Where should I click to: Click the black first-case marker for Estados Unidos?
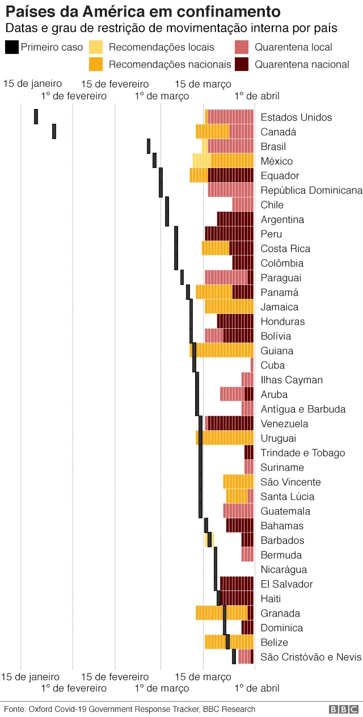point(36,116)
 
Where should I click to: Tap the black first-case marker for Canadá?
point(54,131)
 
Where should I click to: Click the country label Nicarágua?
point(284,569)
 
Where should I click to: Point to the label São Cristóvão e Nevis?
point(310,657)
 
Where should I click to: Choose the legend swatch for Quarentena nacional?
point(242,64)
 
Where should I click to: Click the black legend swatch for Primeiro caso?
point(11,47)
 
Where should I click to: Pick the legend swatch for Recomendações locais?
point(96,47)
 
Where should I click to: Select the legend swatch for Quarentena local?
point(242,47)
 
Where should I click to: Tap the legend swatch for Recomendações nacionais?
point(96,64)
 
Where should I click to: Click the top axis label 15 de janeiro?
point(32,84)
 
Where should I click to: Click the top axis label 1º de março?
point(162,96)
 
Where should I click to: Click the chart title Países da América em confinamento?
point(142,11)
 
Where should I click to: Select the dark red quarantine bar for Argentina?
point(235,219)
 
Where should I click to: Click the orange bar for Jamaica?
point(229,307)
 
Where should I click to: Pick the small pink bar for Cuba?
point(252,365)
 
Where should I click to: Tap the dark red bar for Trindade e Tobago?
point(248,452)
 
